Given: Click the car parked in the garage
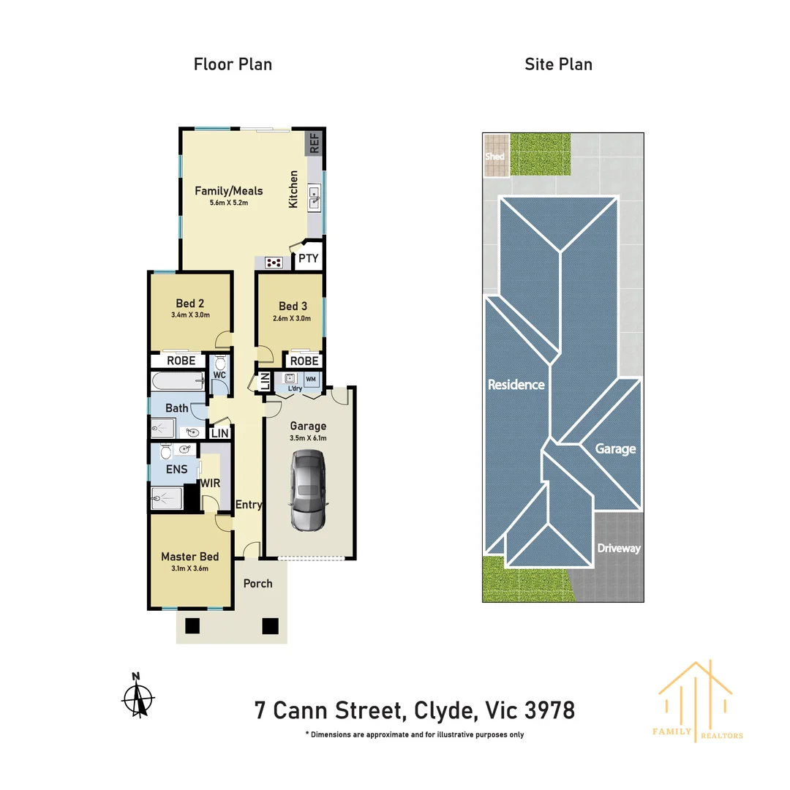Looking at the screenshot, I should pos(309,489).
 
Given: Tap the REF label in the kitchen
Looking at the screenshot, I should pos(315,143).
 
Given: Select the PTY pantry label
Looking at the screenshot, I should pos(309,258).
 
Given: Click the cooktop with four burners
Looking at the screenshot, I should pos(274,262).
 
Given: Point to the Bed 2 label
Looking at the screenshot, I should pos(190,304).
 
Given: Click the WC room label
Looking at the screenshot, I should pos(219,375).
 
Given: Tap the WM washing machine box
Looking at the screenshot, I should pos(311,379).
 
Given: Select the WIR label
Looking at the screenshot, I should pos(211,484).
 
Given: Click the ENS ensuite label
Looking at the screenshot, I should pos(176,470).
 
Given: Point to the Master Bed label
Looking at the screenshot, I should pos(189,557).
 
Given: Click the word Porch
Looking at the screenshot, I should pos(257,583).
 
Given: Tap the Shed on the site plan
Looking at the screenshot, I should pos(495,156).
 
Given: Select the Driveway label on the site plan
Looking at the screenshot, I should pos(619,548).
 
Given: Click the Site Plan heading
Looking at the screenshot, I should pos(558,64).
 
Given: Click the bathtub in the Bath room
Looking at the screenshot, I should pos(178,381).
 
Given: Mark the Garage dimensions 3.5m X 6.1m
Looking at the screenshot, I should pos(308,438).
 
